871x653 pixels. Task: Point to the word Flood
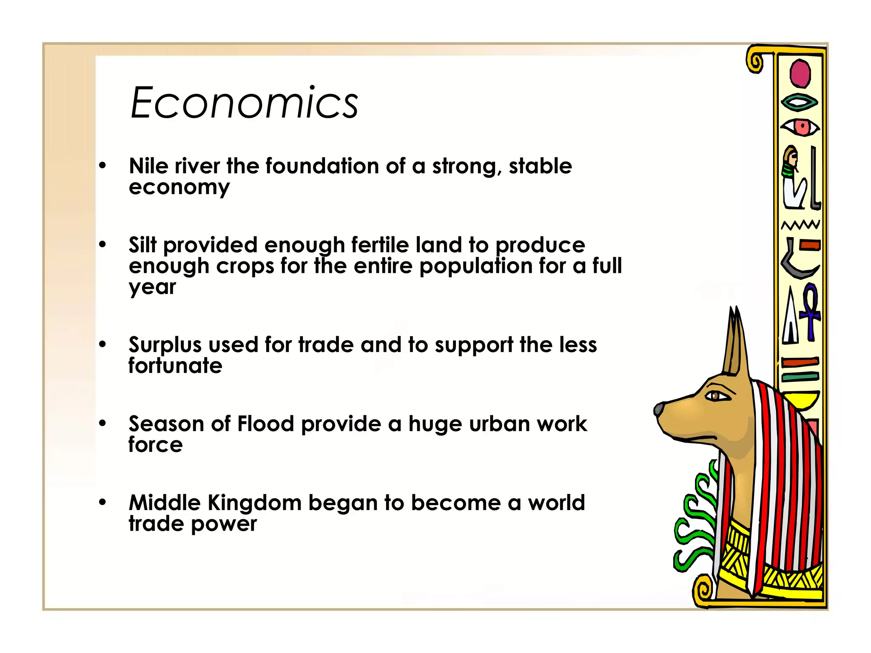pos(265,424)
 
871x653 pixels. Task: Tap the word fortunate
pos(175,366)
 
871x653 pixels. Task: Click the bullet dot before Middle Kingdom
pos(102,503)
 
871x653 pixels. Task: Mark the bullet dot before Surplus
pos(102,344)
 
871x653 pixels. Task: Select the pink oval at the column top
pos(800,74)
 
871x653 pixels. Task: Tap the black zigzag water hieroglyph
pos(800,224)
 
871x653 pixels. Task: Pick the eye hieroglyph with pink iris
pos(801,127)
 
